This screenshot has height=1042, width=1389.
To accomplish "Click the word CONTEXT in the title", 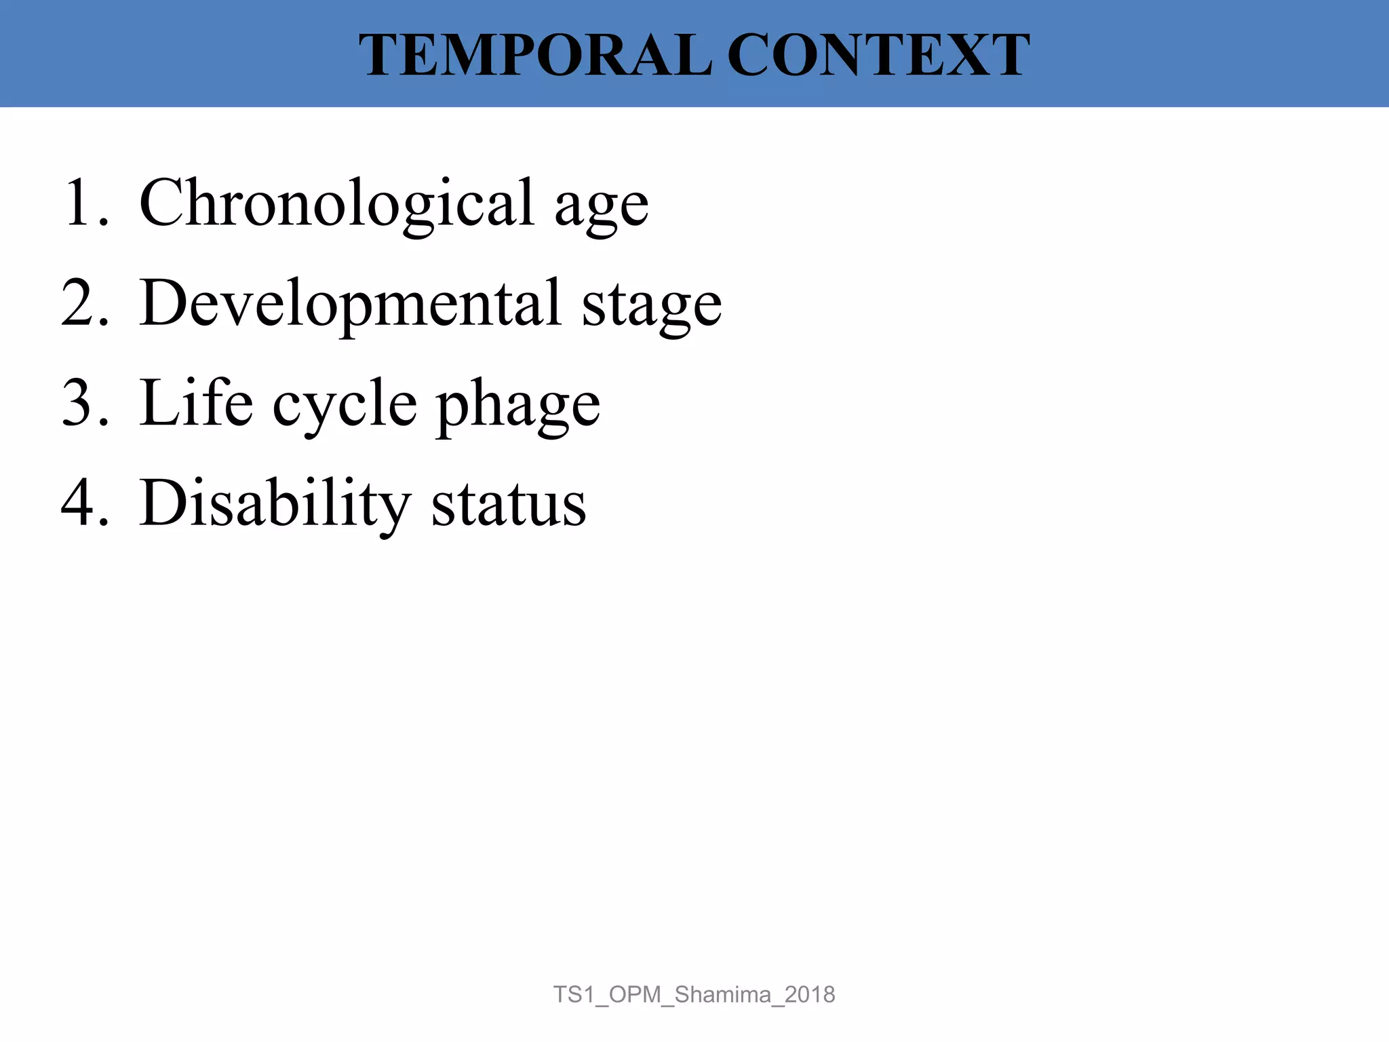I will click(878, 55).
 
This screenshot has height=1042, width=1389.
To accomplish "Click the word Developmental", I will click(350, 303).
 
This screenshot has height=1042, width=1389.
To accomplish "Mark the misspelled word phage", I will click(518, 407).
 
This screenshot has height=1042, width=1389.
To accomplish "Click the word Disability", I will click(274, 503).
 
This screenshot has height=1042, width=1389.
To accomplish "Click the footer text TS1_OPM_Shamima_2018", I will click(694, 995).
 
